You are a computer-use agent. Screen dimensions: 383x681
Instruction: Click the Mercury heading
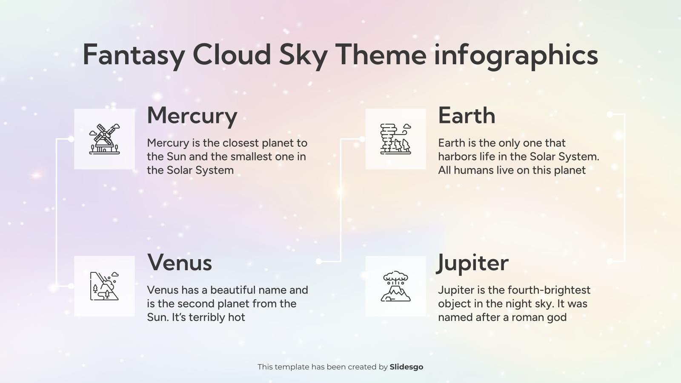pos(192,116)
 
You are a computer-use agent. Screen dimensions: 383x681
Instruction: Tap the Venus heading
pos(180,263)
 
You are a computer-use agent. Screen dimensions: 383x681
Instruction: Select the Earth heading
pos(466,116)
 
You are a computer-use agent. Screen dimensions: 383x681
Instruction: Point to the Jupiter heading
pos(473,263)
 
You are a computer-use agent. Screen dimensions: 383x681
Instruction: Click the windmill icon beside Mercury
pos(104,139)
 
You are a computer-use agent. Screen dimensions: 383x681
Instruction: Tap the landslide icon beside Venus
pos(104,286)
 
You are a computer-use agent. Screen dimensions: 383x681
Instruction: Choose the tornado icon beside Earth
pos(395,139)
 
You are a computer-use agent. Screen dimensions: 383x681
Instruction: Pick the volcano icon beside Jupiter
pos(395,286)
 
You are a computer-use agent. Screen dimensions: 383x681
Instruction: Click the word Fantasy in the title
pos(134,55)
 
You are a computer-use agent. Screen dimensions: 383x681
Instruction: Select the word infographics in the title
pos(516,55)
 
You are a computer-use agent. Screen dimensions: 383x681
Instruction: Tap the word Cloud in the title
pos(232,55)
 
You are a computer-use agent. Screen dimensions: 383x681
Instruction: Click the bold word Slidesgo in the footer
pos(406,367)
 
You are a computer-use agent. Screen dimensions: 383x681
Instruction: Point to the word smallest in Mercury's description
pos(249,157)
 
